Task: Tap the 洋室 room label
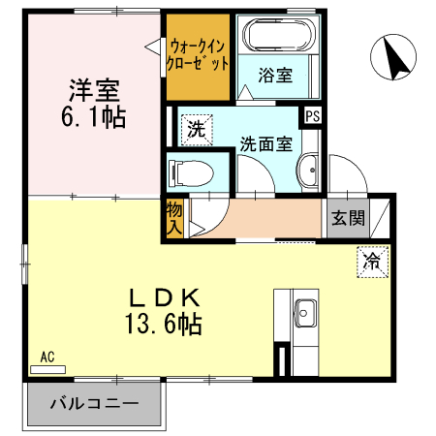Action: click(92, 92)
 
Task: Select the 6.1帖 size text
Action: click(93, 120)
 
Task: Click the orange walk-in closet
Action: click(199, 56)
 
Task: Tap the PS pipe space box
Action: click(312, 116)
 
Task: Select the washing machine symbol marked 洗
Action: click(194, 128)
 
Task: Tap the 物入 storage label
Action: click(173, 219)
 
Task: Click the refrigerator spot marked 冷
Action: click(372, 260)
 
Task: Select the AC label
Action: click(47, 357)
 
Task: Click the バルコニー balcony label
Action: click(93, 403)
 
